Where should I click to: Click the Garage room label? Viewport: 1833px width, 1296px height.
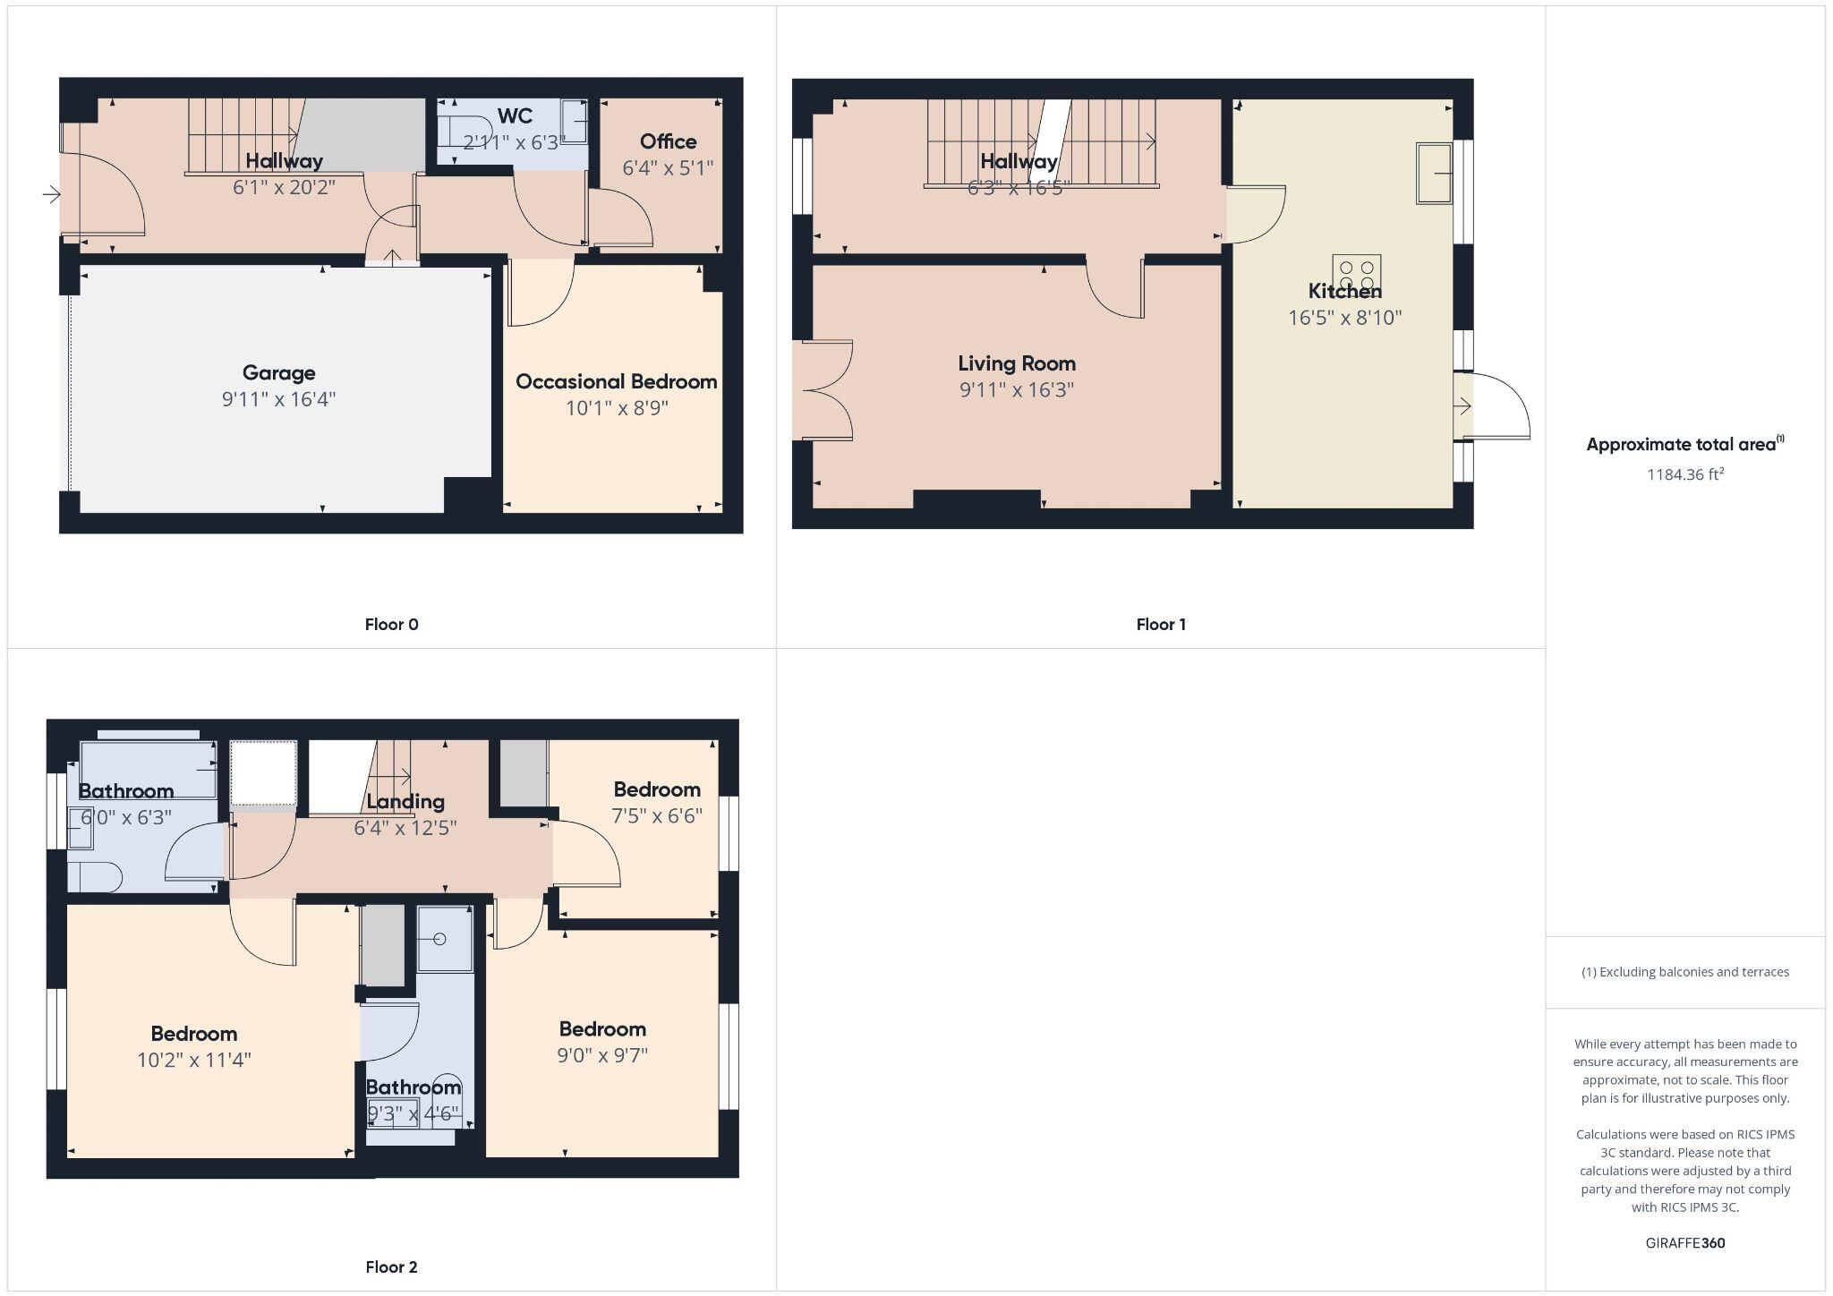click(278, 373)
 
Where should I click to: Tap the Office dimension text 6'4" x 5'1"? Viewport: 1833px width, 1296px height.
click(668, 167)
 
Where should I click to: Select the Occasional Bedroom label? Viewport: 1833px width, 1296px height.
click(616, 382)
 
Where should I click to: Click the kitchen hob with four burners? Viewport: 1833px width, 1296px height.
click(1356, 274)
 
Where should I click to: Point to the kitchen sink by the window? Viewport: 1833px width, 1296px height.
click(1433, 173)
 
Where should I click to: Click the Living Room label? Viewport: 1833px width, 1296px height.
click(1017, 363)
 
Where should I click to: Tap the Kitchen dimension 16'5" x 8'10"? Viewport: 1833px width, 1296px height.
click(1344, 318)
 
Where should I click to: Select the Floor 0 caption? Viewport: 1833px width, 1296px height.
click(391, 625)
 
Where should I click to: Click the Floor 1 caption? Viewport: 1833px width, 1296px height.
click(1161, 625)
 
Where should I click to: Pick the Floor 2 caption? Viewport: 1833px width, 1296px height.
click(391, 1266)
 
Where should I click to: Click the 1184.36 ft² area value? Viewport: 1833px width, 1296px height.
click(1685, 474)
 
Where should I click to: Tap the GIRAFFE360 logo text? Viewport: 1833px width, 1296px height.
click(1685, 1243)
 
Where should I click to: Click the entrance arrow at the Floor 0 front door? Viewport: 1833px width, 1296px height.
click(52, 194)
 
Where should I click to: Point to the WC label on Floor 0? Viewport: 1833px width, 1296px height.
click(515, 116)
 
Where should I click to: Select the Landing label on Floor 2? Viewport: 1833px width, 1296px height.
click(405, 801)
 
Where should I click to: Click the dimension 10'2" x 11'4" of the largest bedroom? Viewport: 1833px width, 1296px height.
click(193, 1060)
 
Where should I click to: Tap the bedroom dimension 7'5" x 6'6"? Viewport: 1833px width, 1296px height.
click(657, 815)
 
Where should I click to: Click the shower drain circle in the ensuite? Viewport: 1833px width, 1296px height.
click(439, 939)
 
